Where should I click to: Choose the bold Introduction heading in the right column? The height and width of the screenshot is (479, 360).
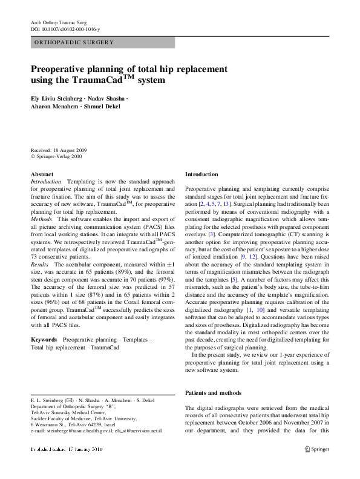[x=201, y=174]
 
